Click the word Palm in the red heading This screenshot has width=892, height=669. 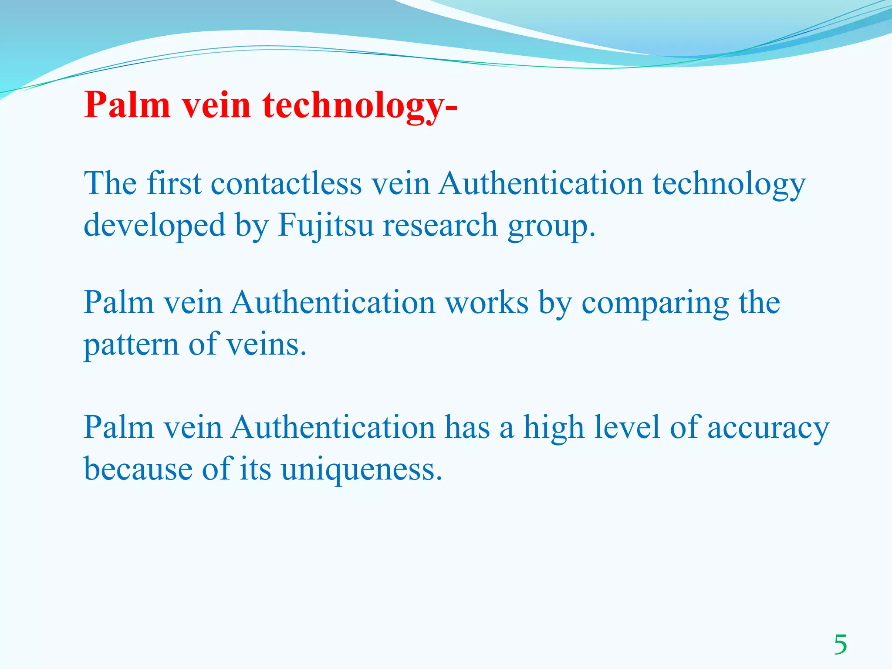tap(127, 105)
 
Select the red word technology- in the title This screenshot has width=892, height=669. tap(360, 106)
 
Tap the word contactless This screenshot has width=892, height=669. tap(286, 183)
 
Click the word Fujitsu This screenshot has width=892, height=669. tap(326, 226)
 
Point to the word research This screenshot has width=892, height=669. tap(440, 226)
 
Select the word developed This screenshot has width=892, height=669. tap(155, 226)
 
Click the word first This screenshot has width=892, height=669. tap(174, 183)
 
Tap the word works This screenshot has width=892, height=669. tap(487, 302)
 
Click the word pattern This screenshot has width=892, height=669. tap(131, 345)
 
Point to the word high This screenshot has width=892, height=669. tap(553, 427)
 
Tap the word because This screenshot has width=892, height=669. tap(138, 469)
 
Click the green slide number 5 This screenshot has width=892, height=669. tap(841, 645)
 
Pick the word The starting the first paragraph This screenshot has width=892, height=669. tap(110, 183)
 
